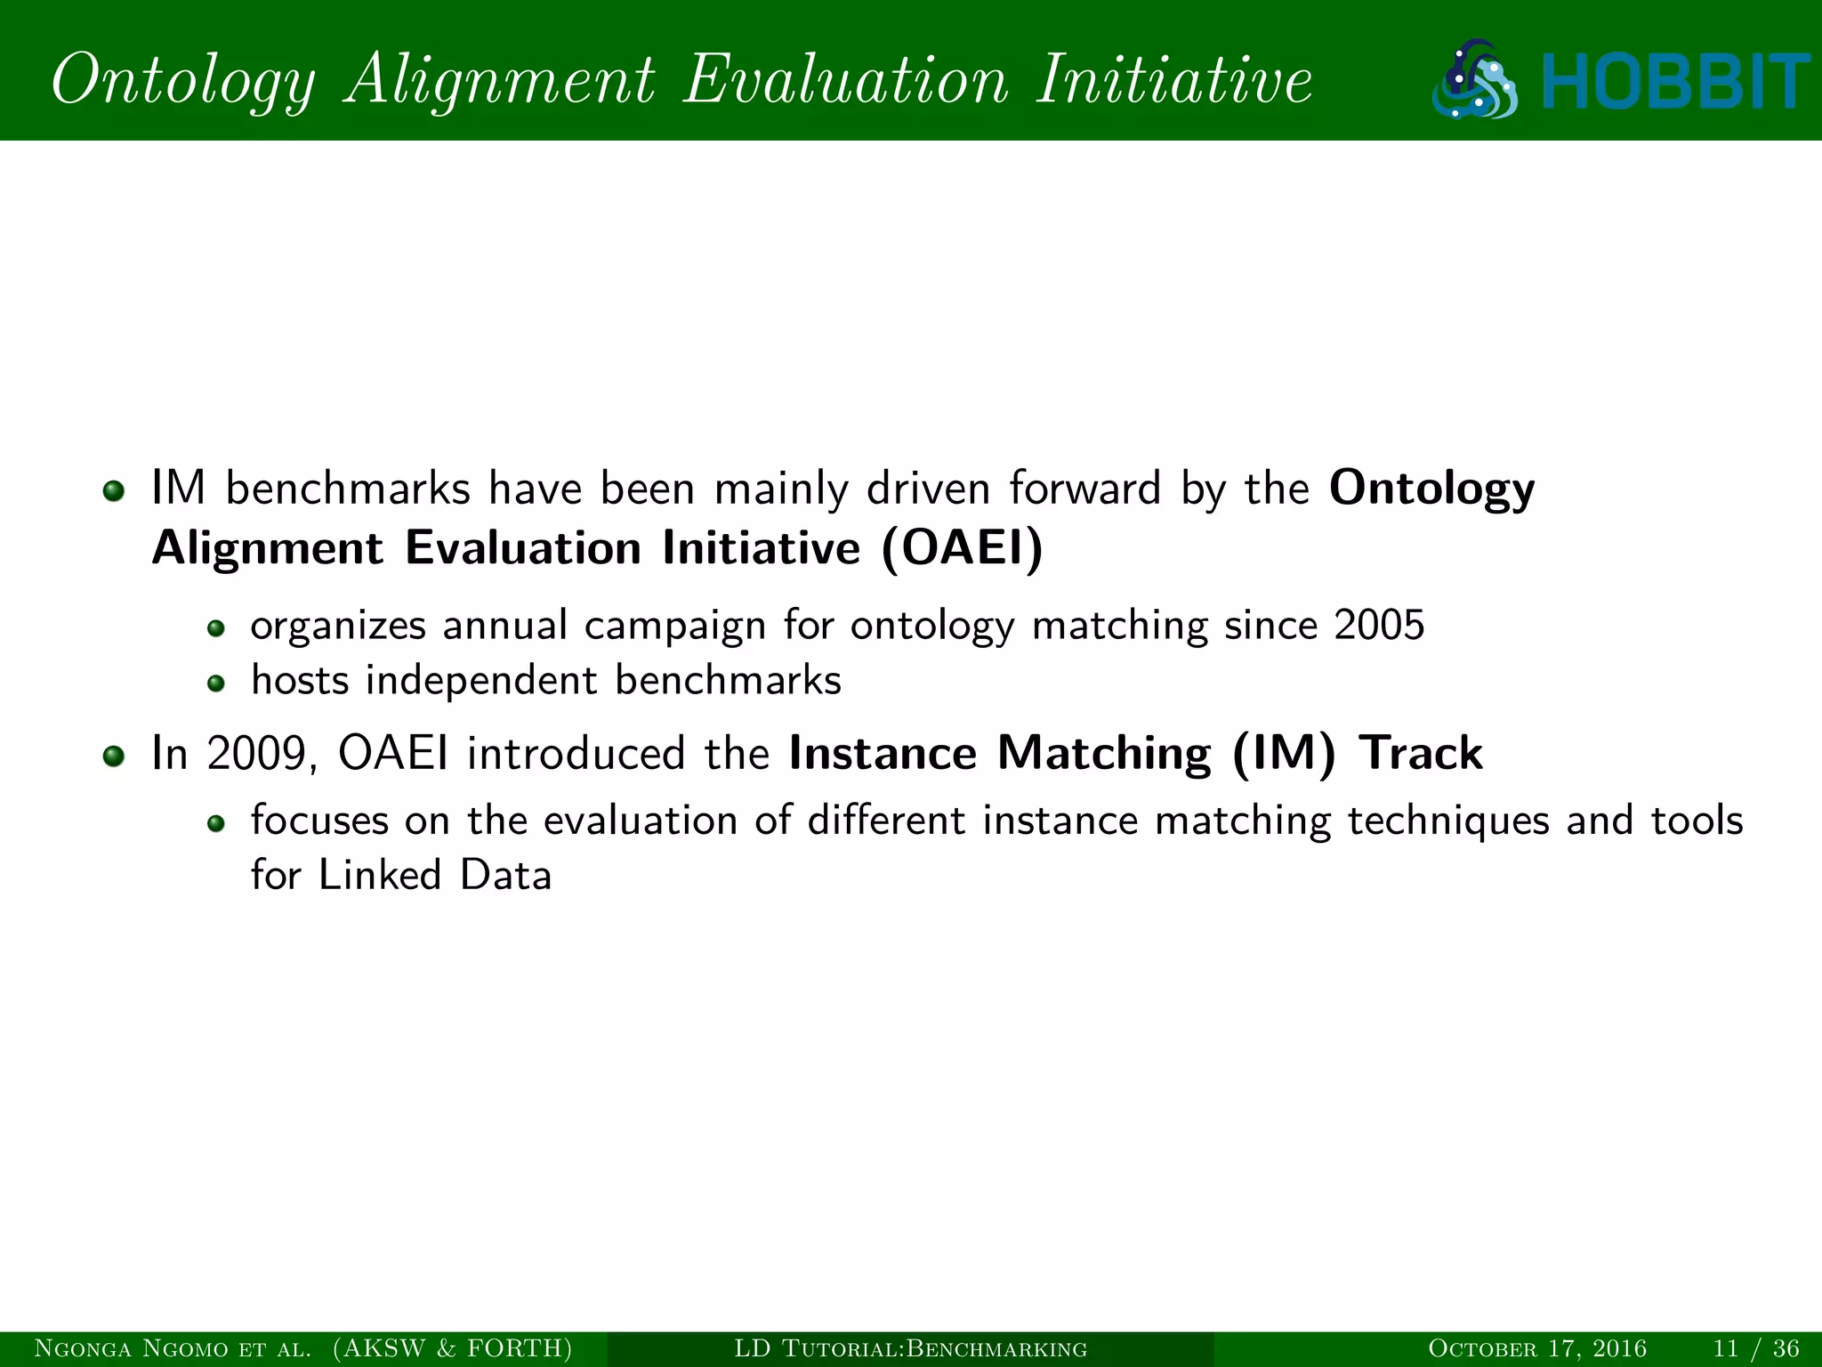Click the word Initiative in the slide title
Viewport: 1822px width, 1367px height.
(1174, 80)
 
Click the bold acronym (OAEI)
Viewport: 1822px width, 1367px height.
(962, 547)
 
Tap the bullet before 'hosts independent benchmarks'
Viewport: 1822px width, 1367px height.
(215, 683)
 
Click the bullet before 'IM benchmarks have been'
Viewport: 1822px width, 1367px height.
(113, 491)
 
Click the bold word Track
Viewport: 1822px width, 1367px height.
(1421, 754)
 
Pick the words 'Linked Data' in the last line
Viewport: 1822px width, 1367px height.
(435, 876)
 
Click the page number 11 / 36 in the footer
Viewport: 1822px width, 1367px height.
(1756, 1348)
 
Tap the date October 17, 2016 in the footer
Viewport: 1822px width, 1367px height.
(1536, 1348)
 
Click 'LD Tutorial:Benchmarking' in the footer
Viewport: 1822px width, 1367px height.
(910, 1348)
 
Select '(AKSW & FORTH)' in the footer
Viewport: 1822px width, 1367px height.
(453, 1348)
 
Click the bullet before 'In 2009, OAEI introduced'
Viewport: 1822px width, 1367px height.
(113, 756)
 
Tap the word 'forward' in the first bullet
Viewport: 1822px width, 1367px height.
(1084, 489)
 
